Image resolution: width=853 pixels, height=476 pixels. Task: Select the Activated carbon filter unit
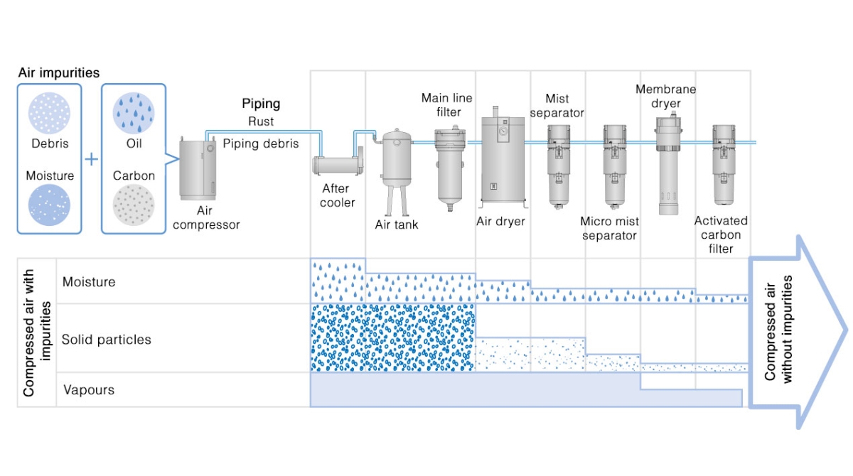(724, 160)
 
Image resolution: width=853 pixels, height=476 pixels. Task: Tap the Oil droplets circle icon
(134, 114)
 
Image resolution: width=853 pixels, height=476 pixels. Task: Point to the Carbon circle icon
(134, 206)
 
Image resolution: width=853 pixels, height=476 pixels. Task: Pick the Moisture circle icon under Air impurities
(49, 205)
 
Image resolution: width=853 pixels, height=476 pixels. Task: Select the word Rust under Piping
(261, 121)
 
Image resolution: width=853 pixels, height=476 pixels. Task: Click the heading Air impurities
(58, 72)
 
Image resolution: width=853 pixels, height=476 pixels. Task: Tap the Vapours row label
(89, 390)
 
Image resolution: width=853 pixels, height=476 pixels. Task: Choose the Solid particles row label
(106, 340)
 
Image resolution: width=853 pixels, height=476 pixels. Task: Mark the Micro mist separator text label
(609, 228)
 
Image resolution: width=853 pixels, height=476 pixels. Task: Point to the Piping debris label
(261, 144)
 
